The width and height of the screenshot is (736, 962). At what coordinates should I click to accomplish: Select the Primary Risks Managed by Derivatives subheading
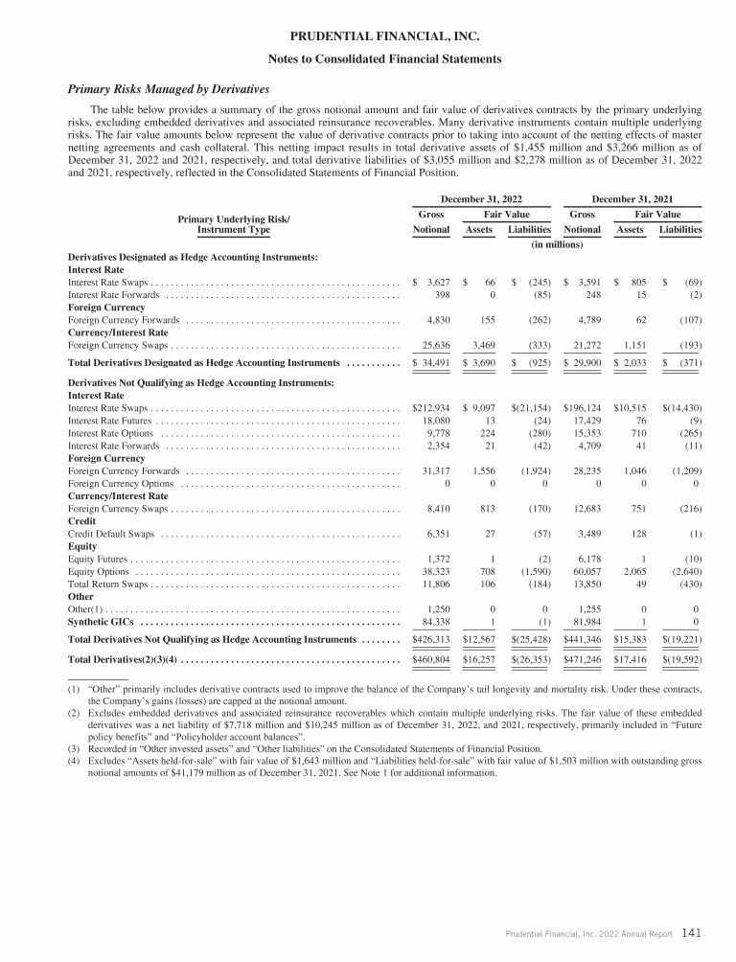click(169, 89)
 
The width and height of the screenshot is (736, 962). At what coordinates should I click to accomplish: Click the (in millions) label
click(557, 245)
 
